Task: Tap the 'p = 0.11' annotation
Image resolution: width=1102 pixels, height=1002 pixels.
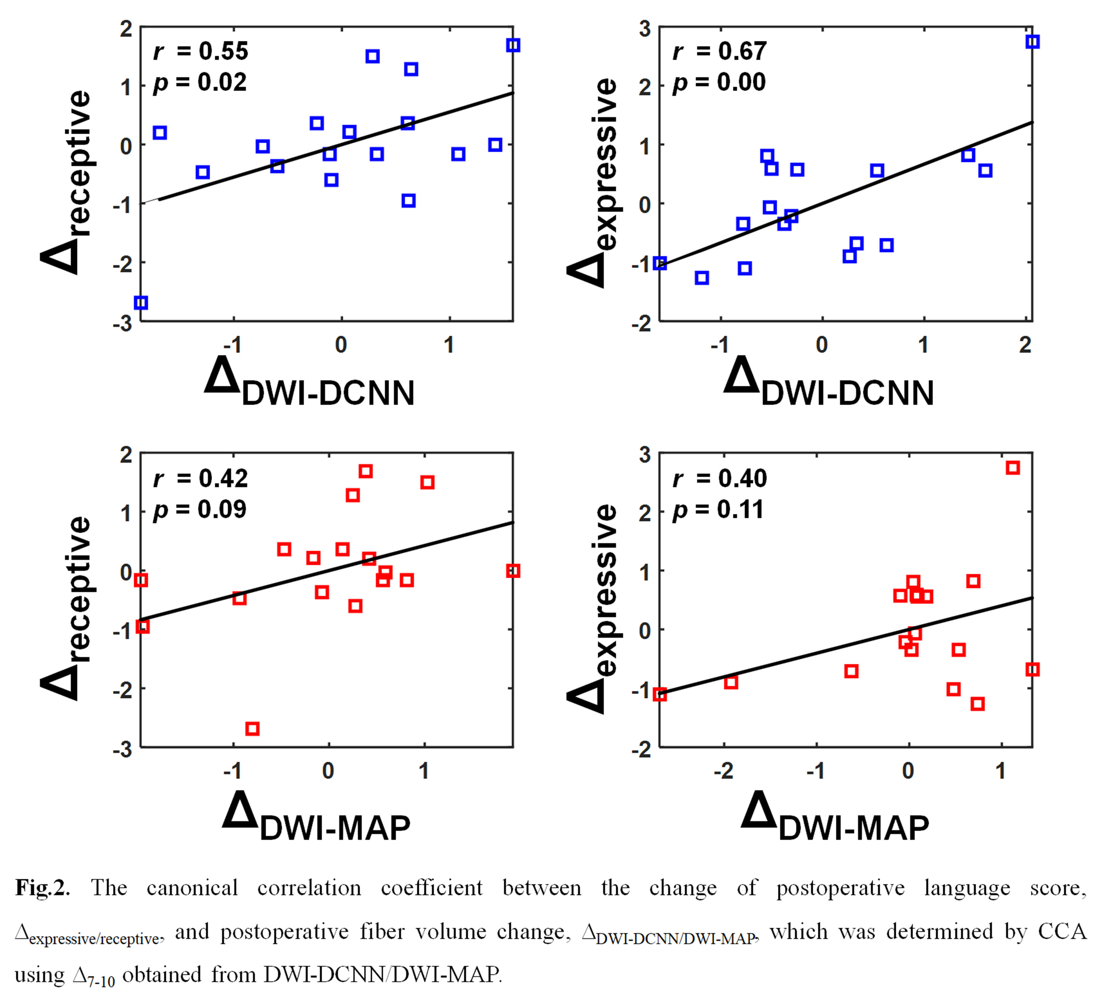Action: [718, 510]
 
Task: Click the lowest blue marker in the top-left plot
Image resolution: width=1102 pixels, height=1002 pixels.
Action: [141, 303]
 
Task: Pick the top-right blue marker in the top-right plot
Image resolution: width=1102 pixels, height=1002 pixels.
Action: [1032, 42]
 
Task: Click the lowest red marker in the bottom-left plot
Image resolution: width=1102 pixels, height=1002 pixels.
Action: [252, 728]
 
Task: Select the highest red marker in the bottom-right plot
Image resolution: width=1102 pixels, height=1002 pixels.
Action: [1012, 468]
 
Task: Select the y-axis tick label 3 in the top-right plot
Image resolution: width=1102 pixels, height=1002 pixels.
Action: [645, 29]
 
